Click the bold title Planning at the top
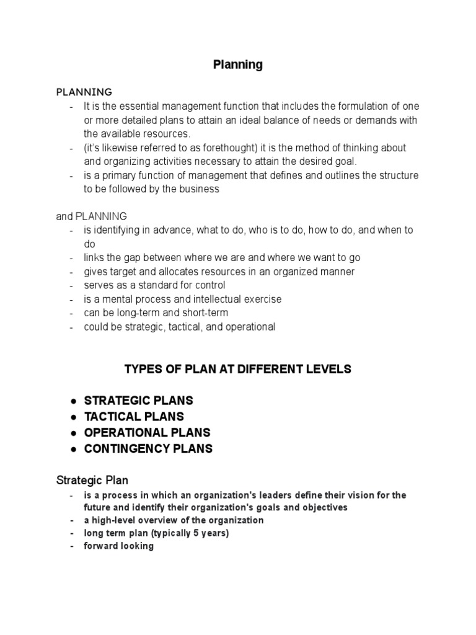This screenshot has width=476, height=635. click(238, 65)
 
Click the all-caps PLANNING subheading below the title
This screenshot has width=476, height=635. click(84, 92)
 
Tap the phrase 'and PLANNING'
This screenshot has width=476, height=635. click(91, 216)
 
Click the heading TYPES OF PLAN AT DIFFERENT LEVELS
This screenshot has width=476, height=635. click(238, 370)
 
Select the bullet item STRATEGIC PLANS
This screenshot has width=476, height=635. click(139, 401)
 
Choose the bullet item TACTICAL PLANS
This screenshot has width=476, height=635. click(134, 417)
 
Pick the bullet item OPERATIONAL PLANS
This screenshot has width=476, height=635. click(148, 433)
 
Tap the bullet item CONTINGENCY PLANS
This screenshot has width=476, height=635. click(148, 449)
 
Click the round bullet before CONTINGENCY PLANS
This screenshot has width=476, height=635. click(73, 449)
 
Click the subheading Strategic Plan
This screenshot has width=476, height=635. click(92, 480)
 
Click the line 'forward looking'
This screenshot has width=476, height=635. click(119, 547)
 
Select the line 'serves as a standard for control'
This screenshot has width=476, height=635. click(155, 285)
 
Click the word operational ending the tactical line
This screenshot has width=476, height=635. click(248, 327)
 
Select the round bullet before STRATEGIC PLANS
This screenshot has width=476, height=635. click(73, 401)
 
